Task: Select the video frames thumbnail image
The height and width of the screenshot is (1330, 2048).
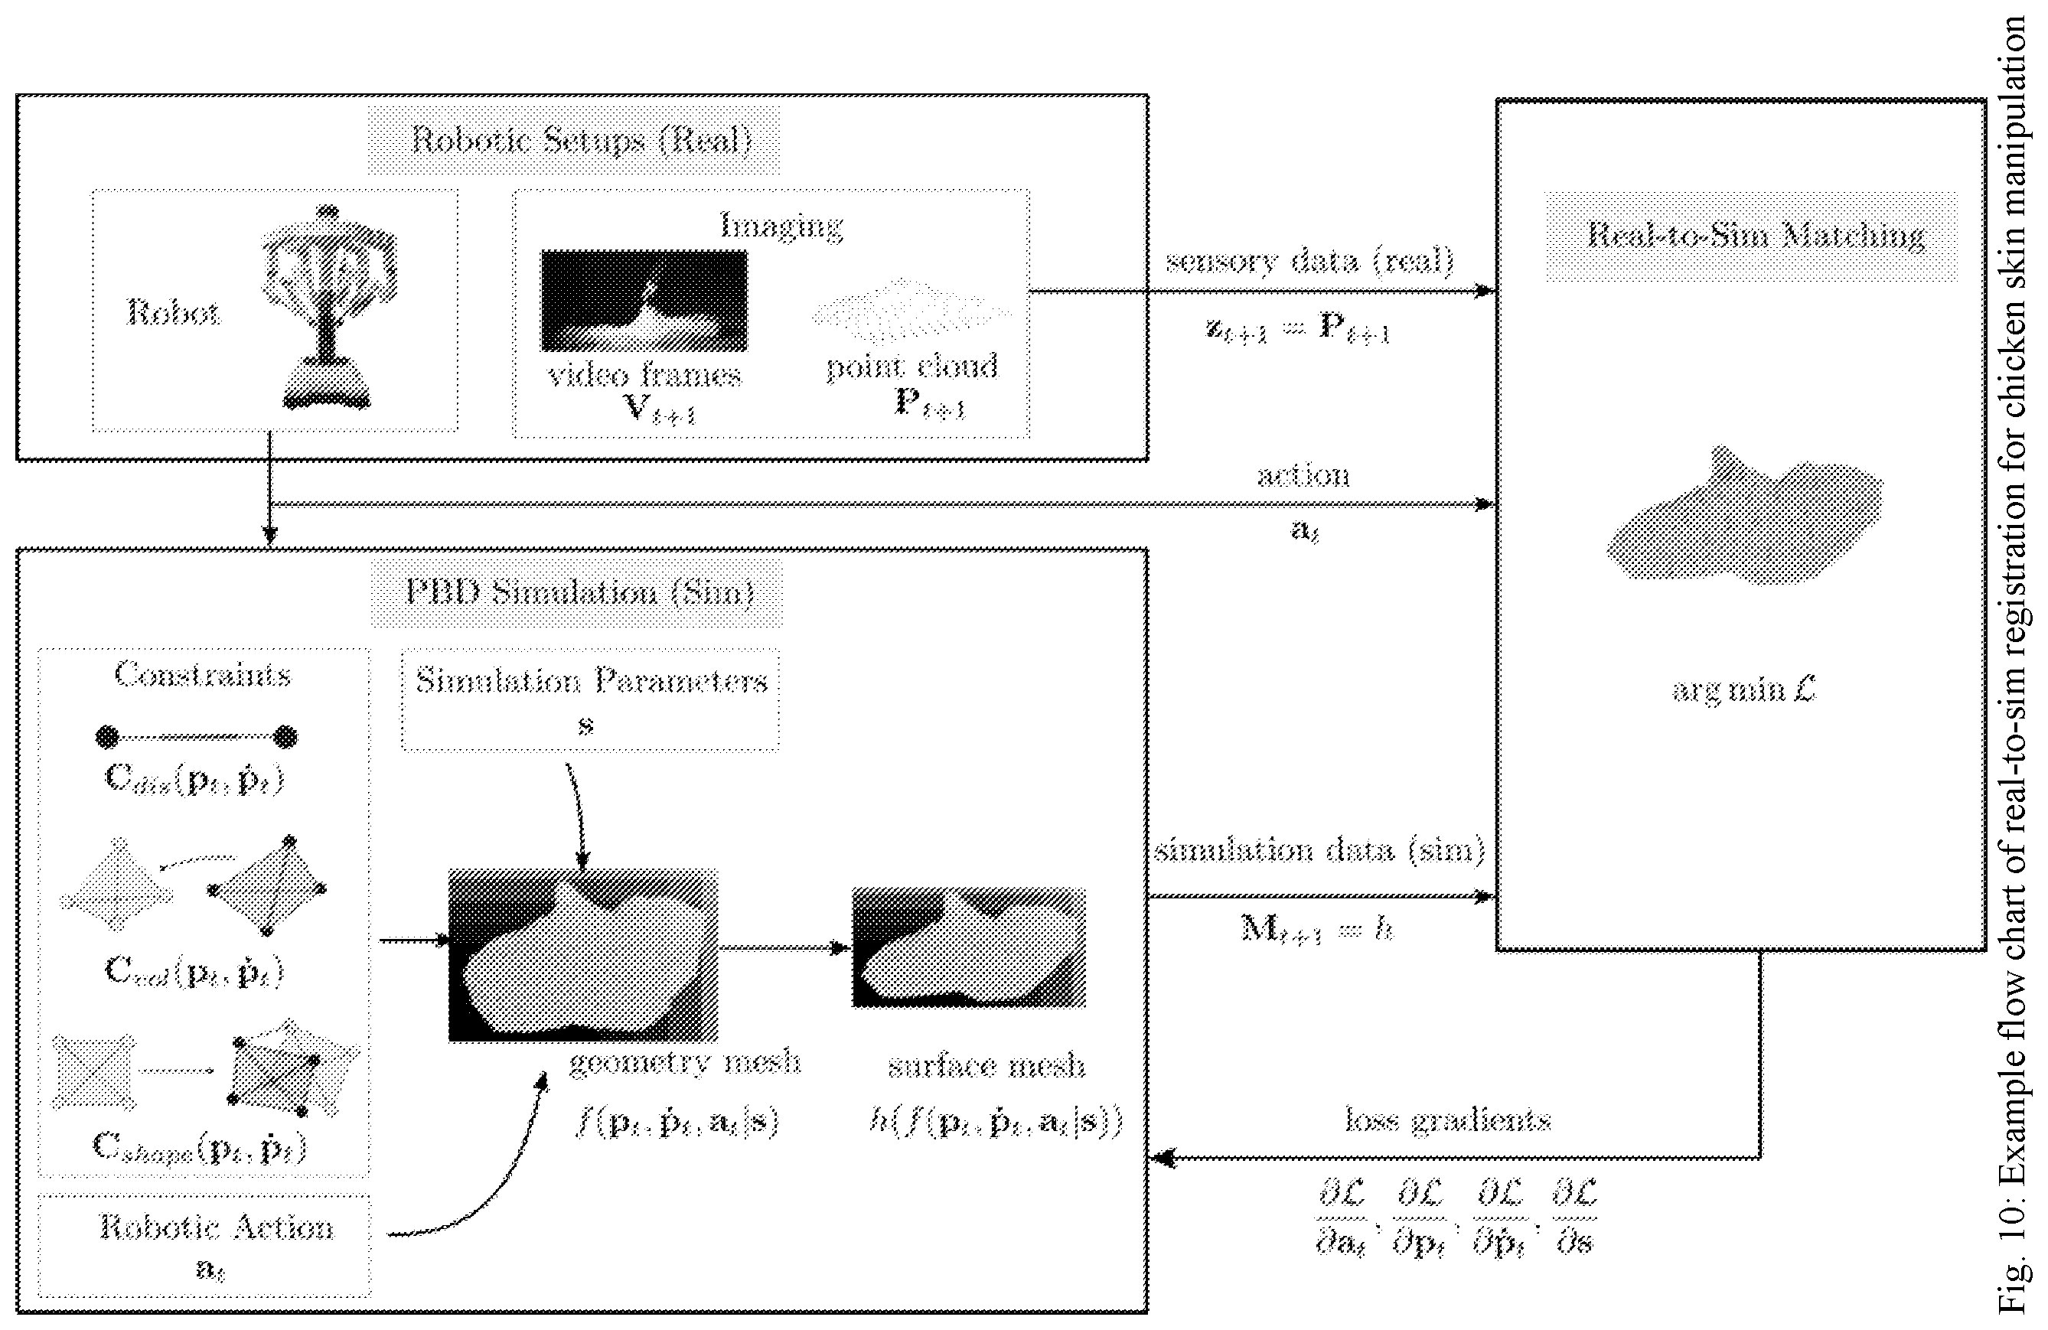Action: point(644,300)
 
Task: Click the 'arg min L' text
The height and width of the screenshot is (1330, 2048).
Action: point(1743,689)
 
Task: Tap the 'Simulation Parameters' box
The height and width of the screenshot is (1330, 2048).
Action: point(590,699)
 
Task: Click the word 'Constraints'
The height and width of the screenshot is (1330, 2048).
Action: point(203,674)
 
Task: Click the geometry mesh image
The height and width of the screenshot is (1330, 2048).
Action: point(582,956)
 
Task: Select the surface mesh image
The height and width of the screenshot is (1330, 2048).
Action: point(968,947)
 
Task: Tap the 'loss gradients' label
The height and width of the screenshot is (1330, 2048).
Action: point(1447,1120)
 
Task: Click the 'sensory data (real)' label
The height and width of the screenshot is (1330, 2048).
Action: point(1309,261)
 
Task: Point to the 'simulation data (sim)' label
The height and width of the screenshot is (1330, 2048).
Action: point(1319,850)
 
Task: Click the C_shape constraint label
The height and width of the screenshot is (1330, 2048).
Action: point(200,1147)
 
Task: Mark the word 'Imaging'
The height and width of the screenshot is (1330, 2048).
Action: point(781,226)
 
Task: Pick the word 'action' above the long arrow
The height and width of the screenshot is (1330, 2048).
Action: point(1303,475)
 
